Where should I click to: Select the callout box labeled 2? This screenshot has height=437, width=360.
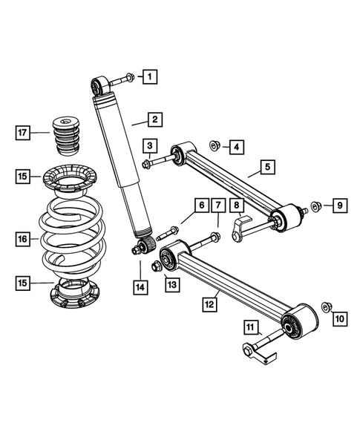coord(155,119)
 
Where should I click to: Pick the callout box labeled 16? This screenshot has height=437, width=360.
coord(23,239)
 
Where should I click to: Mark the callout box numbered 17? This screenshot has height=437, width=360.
coord(23,133)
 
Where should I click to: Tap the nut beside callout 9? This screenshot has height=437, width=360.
coord(315,205)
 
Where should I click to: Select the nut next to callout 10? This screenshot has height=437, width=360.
coord(327,306)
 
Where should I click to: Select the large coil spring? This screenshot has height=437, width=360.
coord(73,237)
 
